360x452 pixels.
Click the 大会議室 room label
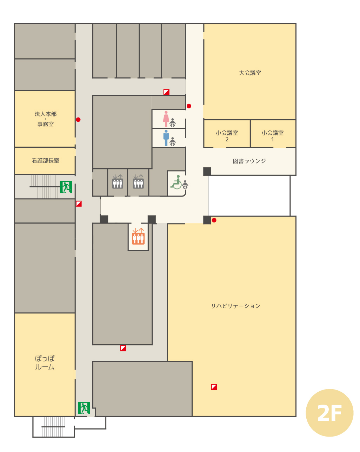coord(250,73)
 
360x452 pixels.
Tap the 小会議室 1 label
coord(272,136)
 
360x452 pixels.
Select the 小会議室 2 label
coord(227,136)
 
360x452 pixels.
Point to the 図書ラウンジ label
coord(249,161)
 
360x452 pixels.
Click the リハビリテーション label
coord(236,306)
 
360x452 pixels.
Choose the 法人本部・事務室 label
coord(46,119)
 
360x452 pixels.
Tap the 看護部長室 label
coord(45,161)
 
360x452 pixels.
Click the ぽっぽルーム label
coord(45,363)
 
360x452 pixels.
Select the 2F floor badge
coord(329,413)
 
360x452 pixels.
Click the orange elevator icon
coord(138,236)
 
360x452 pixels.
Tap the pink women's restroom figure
coord(166,119)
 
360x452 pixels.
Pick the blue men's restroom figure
coord(166,138)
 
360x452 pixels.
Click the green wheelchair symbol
coord(176,182)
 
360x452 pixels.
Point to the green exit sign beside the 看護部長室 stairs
coord(66,187)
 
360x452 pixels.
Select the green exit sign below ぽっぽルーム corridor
coord(84,408)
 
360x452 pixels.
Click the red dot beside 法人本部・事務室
coord(78,120)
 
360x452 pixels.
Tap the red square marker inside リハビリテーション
coord(214,387)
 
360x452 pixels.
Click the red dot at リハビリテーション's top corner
coord(214,220)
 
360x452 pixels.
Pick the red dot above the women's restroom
coord(189,106)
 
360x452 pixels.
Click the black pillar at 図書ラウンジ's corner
coord(207,171)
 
